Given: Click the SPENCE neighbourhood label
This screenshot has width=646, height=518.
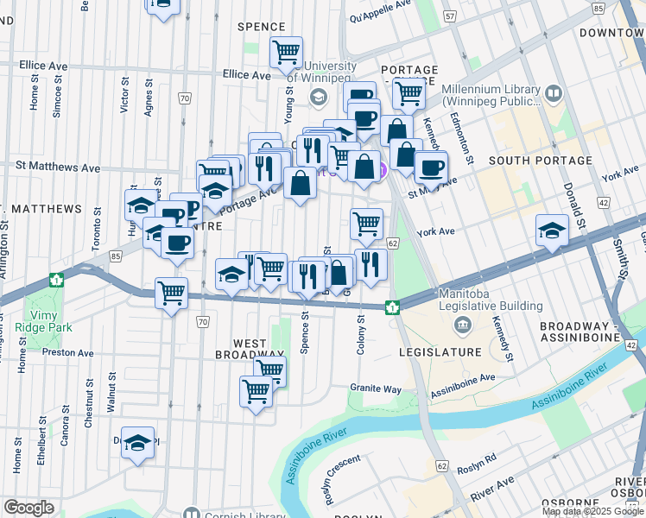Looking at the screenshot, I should click(261, 27).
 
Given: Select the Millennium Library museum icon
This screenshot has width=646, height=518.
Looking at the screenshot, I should click(553, 92).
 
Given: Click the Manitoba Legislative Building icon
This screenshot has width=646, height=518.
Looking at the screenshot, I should click(462, 325).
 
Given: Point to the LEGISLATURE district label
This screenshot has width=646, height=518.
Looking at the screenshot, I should click(440, 353).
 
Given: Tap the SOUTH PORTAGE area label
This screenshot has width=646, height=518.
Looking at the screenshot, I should click(526, 161).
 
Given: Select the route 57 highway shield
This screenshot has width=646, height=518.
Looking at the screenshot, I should click(449, 16).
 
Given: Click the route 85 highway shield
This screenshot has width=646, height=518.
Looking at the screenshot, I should click(115, 256).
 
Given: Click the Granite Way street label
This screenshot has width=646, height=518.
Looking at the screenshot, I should click(375, 389).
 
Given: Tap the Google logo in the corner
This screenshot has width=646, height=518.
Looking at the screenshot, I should click(28, 508).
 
